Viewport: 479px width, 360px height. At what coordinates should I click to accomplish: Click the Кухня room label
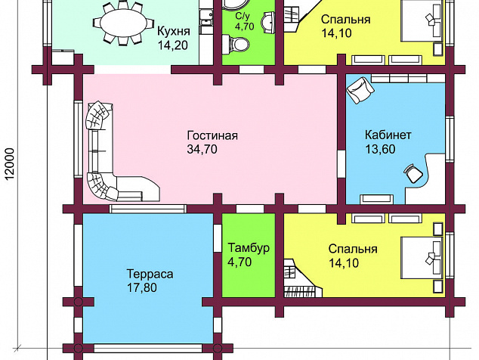[x=174, y=31]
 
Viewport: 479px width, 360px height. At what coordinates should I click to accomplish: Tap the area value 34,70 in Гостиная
[x=202, y=149]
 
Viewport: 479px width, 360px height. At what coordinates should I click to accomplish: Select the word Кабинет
[x=388, y=135]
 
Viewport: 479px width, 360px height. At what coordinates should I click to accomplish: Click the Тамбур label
[x=249, y=248]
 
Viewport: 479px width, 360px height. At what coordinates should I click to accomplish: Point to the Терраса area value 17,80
[x=142, y=288]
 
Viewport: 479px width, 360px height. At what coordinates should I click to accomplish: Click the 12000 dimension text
[x=10, y=164]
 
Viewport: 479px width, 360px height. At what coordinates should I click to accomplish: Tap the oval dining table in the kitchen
[x=123, y=23]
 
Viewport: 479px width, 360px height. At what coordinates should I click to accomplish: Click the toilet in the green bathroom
[x=236, y=44]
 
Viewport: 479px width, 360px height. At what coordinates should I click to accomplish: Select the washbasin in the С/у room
[x=269, y=23]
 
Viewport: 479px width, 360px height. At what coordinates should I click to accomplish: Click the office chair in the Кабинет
[x=413, y=173]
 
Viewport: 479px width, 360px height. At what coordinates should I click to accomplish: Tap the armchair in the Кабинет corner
[x=360, y=90]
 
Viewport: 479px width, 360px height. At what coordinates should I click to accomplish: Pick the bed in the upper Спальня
[x=422, y=20]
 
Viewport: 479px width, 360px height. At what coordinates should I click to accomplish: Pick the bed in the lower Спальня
[x=422, y=258]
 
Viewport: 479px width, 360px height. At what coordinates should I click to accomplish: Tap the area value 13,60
[x=380, y=149]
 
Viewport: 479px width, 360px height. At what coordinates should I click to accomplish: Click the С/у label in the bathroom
[x=244, y=16]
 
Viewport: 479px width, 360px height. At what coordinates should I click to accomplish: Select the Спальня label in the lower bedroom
[x=353, y=249]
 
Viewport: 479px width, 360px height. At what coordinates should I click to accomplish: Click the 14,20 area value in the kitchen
[x=172, y=45]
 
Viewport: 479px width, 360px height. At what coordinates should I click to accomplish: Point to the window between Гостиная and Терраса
[x=148, y=209]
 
